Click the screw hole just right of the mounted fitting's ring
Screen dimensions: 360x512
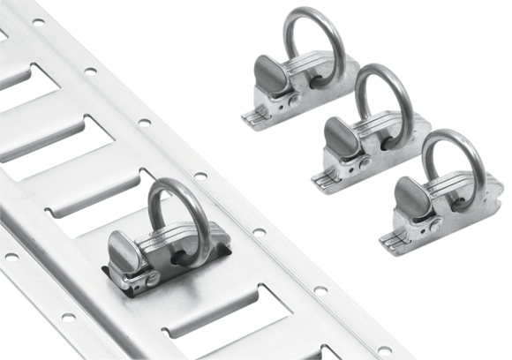point(257,233)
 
